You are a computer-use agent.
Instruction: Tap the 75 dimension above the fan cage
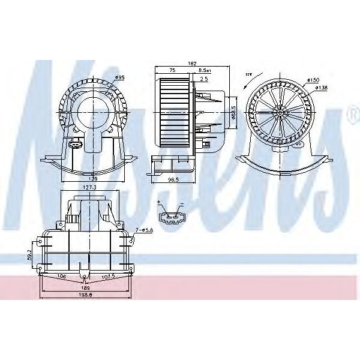172,70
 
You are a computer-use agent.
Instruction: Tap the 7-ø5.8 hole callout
143,230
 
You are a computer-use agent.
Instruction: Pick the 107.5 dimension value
108,277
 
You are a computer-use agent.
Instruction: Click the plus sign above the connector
159,204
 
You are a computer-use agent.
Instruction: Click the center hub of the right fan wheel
280,112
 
